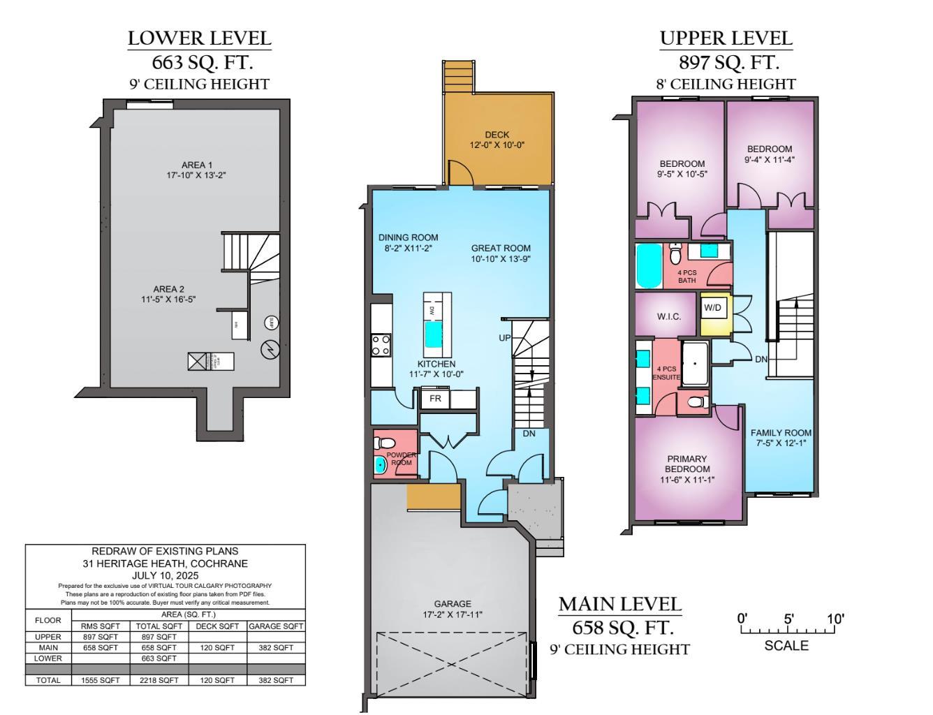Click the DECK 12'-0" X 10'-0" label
pyautogui.click(x=497, y=140)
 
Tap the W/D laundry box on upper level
pyautogui.click(x=712, y=308)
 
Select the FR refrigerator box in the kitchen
pyautogui.click(x=435, y=399)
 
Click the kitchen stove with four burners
pyautogui.click(x=381, y=345)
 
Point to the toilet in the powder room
pyautogui.click(x=385, y=443)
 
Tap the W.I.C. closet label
pyautogui.click(x=668, y=316)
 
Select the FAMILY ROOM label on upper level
pyautogui.click(x=781, y=438)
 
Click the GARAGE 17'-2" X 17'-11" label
pyautogui.click(x=452, y=609)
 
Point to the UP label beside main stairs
pyautogui.click(x=504, y=338)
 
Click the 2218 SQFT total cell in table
pyautogui.click(x=159, y=680)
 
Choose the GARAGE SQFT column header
pyautogui.click(x=276, y=626)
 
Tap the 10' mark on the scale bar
pyautogui.click(x=835, y=619)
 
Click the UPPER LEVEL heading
pyautogui.click(x=726, y=38)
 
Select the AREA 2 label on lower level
pyautogui.click(x=168, y=294)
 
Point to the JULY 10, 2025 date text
pyautogui.click(x=166, y=575)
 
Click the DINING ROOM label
pyautogui.click(x=408, y=242)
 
